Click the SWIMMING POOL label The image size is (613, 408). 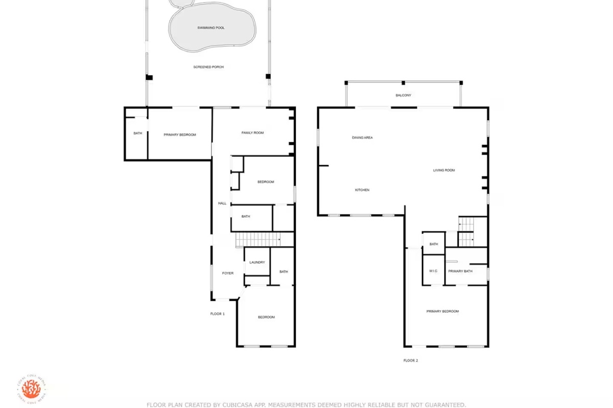[211, 28]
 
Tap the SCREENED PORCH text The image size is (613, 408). [208, 67]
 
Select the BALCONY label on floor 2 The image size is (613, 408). [403, 95]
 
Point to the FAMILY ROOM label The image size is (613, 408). [252, 133]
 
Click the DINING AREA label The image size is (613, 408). [362, 138]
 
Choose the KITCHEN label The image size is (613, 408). [362, 190]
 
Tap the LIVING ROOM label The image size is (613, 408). [443, 170]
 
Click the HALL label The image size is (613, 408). [222, 203]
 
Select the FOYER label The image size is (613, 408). [228, 273]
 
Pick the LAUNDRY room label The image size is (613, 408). [257, 263]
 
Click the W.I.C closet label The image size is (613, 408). [433, 271]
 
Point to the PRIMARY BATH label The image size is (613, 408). [460, 271]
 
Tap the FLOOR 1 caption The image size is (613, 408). [217, 314]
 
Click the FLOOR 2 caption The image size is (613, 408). [411, 360]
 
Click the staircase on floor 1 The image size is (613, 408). [258, 239]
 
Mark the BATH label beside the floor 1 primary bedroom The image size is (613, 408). [137, 134]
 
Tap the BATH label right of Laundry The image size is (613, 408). [284, 272]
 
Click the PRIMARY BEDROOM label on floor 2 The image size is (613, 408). [442, 311]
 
